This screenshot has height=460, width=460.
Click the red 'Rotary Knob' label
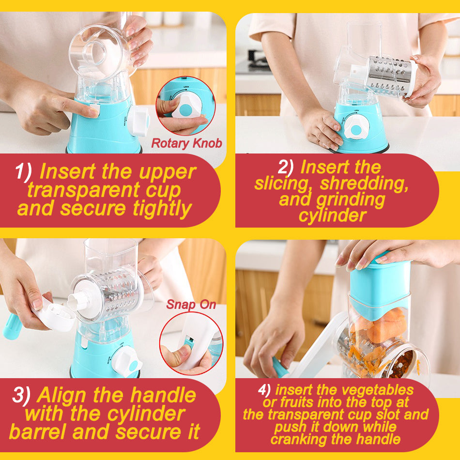click(186, 143)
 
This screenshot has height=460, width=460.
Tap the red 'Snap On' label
click(191, 305)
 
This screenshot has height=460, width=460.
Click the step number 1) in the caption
click(23, 171)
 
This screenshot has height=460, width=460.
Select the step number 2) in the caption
click(286, 167)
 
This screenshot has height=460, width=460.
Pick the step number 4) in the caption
click(264, 390)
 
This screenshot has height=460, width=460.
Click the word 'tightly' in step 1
click(162, 209)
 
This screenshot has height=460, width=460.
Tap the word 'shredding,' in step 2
click(364, 184)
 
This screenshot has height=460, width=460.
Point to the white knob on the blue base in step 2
click(356, 127)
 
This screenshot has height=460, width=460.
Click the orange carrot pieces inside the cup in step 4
click(382, 326)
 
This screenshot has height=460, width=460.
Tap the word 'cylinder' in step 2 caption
click(333, 216)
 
